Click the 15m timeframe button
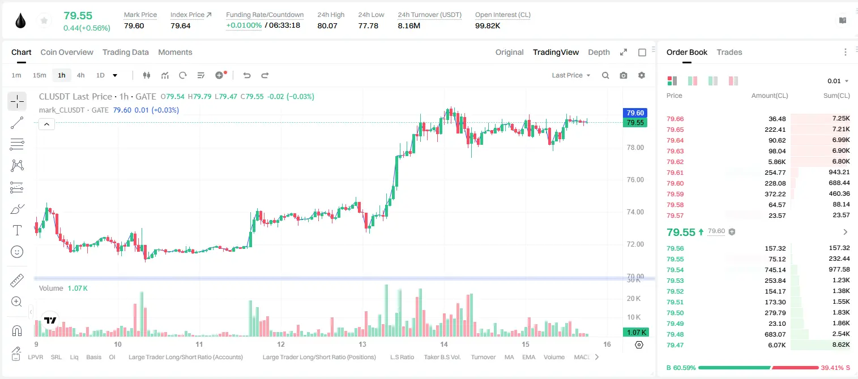tap(39, 75)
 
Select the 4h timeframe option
tap(80, 75)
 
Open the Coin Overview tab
tap(67, 52)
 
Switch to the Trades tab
tap(729, 52)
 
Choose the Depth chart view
tap(599, 52)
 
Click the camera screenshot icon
tap(624, 75)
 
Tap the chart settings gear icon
tap(642, 75)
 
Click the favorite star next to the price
tap(44, 20)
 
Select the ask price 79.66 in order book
tap(675, 119)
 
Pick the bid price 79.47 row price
tap(675, 345)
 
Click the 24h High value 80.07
tap(327, 25)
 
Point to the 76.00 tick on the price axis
tap(635, 180)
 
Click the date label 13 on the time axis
tap(362, 344)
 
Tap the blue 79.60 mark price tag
tap(635, 113)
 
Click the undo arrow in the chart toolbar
tap(247, 75)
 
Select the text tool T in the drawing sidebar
tap(17, 230)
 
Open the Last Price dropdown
tap(571, 75)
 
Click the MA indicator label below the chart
tap(509, 357)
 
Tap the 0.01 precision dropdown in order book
tap(838, 81)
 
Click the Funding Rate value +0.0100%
tap(244, 25)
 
